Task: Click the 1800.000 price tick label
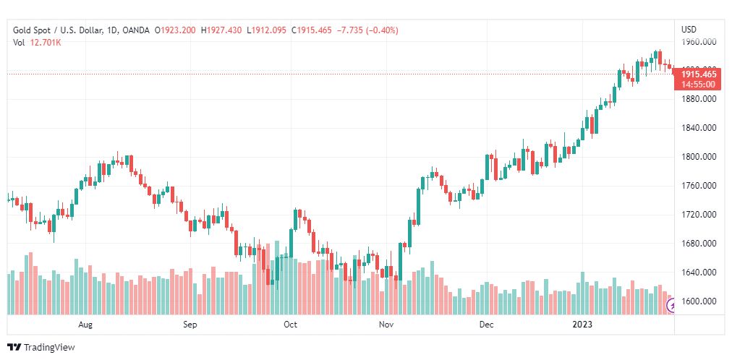click(x=699, y=157)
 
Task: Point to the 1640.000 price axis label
click(x=699, y=273)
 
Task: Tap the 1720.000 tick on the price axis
click(x=699, y=215)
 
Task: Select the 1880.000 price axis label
click(x=699, y=99)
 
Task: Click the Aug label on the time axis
click(x=86, y=325)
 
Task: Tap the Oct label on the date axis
click(x=290, y=325)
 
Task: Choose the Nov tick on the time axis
click(x=386, y=325)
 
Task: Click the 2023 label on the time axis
click(x=582, y=325)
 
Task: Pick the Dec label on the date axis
click(x=486, y=325)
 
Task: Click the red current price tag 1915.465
click(x=699, y=74)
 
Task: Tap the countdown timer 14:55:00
click(x=699, y=84)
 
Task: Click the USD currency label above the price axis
click(x=689, y=30)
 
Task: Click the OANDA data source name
click(x=136, y=30)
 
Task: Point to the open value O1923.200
click(x=175, y=30)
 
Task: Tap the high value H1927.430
click(x=221, y=30)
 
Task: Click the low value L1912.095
click(x=267, y=30)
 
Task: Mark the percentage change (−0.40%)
click(x=376, y=30)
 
